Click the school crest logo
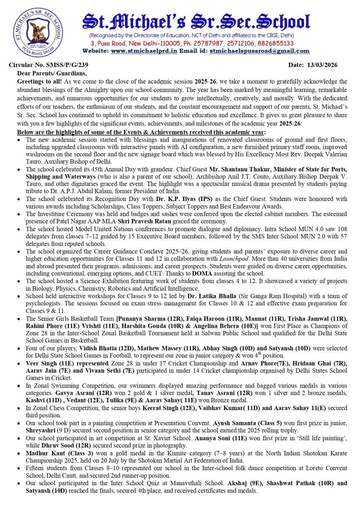pyautogui.click(x=38, y=32)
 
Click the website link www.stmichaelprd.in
pyautogui.click(x=144, y=51)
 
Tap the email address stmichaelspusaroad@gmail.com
pyautogui.click(x=260, y=51)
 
